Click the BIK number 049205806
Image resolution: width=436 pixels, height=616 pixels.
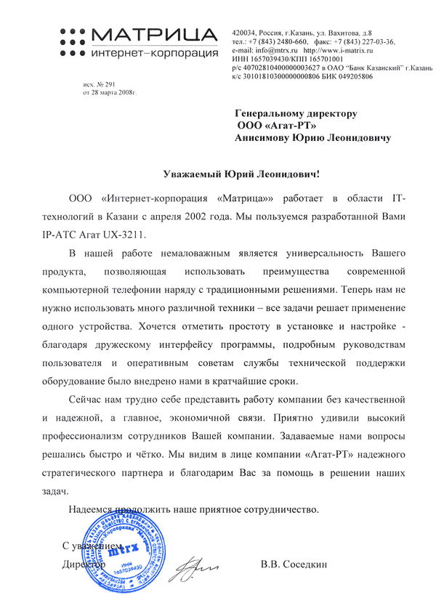click(352, 76)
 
